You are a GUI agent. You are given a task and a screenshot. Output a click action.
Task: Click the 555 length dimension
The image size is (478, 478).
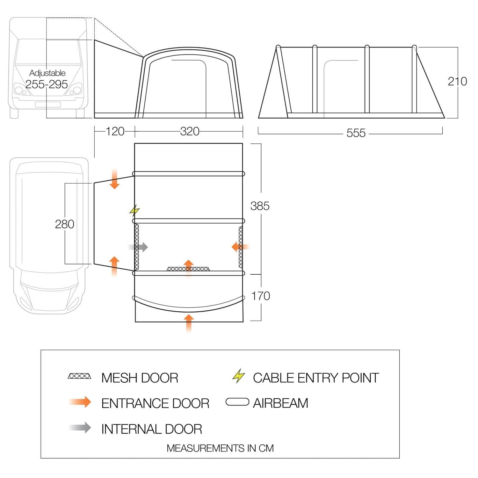(356, 133)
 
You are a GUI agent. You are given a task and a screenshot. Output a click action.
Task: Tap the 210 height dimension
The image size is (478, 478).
(457, 81)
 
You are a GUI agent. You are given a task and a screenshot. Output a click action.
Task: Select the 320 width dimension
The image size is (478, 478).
(190, 131)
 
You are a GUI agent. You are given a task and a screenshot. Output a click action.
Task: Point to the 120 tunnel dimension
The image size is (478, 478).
(115, 131)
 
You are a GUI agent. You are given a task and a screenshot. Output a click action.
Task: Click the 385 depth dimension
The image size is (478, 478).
(260, 206)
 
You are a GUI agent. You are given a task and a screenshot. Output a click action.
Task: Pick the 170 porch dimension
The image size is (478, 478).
(261, 296)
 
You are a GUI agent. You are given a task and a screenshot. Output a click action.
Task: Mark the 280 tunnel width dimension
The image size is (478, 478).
(64, 224)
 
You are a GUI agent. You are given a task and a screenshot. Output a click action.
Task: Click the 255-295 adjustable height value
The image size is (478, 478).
(47, 84)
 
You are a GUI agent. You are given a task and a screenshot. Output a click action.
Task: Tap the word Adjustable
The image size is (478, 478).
(47, 73)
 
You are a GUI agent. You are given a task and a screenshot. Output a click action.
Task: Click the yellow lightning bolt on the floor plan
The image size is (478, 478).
(135, 210)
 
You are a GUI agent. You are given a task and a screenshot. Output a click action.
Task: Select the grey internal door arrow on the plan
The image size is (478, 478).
(138, 247)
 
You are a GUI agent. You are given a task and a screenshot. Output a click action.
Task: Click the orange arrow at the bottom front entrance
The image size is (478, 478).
(189, 322)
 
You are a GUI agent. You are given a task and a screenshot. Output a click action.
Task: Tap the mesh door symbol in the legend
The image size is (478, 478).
(79, 376)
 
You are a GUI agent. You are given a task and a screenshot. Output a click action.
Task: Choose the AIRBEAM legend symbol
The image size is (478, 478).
(237, 402)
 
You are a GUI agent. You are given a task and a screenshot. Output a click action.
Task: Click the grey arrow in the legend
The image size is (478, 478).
(80, 428)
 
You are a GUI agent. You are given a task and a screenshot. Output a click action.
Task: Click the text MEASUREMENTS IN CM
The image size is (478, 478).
(220, 448)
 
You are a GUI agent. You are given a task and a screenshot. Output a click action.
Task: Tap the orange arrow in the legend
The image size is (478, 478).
(80, 402)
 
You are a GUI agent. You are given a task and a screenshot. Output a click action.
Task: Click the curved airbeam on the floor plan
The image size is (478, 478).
(189, 305)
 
